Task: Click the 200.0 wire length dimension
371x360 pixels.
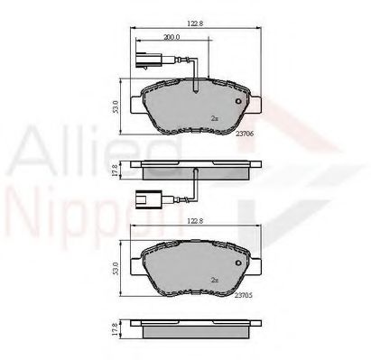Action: coord(171,39)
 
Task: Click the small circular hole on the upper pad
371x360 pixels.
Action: coord(238,101)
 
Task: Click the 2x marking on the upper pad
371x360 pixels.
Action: coord(214,118)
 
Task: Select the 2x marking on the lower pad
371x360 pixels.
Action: coord(214,281)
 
